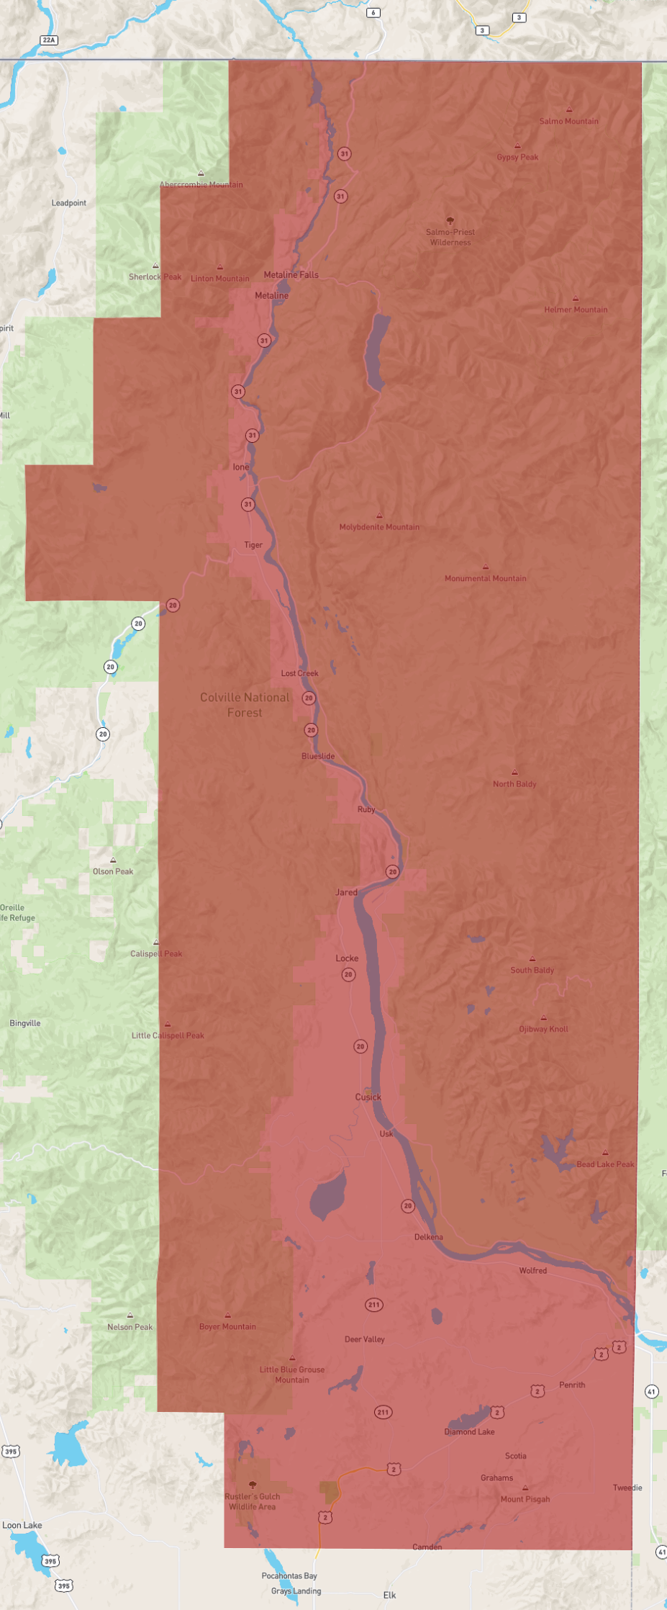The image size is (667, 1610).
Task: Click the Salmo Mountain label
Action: tap(568, 121)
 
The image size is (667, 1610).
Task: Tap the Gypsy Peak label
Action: tap(517, 157)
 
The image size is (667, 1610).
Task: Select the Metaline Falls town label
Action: tap(291, 274)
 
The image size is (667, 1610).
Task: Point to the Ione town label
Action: tap(240, 467)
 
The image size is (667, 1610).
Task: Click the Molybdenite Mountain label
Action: tap(379, 527)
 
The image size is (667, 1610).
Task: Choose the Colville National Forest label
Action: tap(245, 705)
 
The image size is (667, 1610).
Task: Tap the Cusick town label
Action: tap(368, 1097)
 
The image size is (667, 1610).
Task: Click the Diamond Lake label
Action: tap(469, 1431)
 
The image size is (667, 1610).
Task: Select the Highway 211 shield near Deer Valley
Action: tap(374, 1305)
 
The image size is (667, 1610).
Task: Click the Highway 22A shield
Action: tap(49, 40)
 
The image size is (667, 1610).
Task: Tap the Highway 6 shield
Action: tap(373, 12)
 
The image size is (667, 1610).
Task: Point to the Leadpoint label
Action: tap(68, 203)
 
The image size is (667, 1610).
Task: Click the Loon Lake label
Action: tap(22, 1525)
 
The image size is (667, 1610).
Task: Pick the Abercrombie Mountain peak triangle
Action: tap(201, 173)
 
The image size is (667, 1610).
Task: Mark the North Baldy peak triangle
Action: tap(514, 772)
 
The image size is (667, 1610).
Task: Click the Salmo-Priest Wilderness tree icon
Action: tap(450, 220)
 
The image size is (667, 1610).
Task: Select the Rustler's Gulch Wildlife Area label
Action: tap(252, 1501)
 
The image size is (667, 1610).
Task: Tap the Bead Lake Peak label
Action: tap(605, 1164)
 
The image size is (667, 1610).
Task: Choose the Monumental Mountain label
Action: tap(485, 578)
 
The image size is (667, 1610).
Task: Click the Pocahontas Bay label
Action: tap(289, 1575)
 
